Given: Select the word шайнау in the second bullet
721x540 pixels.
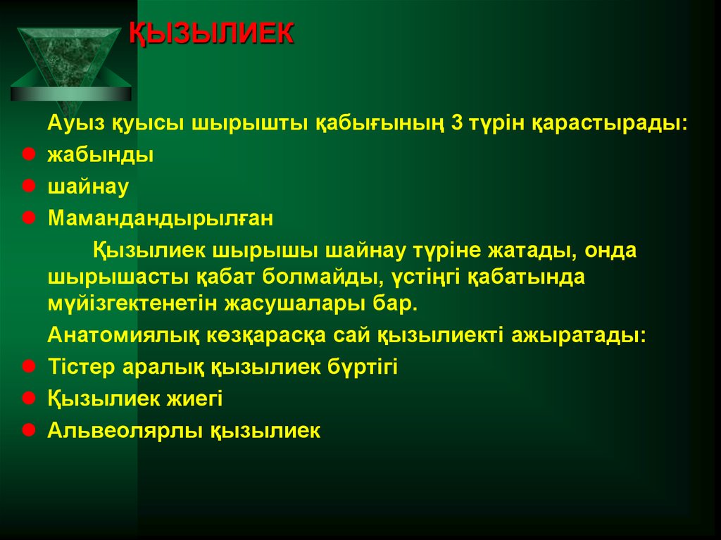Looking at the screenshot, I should point(88,187).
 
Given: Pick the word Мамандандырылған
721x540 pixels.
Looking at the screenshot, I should point(160,219).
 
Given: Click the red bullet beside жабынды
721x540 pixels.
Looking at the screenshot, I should point(27,153).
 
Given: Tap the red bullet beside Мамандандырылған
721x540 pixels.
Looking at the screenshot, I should point(27,218).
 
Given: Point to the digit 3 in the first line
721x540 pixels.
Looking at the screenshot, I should point(456,124).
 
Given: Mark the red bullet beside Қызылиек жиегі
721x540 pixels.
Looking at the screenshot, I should point(27,398).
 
